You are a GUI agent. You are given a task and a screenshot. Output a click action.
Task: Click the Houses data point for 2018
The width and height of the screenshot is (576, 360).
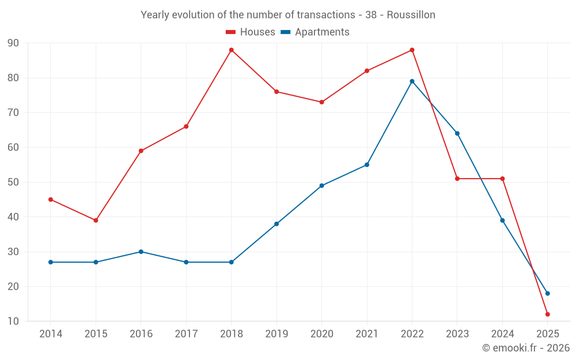232,50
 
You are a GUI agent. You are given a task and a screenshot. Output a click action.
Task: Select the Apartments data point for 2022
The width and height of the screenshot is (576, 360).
412,81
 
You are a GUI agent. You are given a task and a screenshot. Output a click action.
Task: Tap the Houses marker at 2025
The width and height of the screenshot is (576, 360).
548,314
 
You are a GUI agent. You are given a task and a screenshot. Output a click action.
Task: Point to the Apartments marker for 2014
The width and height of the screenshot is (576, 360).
51,262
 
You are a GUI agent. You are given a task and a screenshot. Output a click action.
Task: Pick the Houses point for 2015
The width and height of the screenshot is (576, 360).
96,220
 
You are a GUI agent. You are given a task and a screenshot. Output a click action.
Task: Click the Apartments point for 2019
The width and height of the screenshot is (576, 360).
276,223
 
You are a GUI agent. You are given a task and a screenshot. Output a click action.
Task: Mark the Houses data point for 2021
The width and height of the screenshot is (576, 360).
367,71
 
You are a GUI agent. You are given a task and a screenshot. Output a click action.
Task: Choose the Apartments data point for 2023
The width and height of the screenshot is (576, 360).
457,133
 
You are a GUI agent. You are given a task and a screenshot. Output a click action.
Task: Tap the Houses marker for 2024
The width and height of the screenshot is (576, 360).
502,179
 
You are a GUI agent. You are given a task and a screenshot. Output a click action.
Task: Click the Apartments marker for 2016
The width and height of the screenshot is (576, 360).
141,252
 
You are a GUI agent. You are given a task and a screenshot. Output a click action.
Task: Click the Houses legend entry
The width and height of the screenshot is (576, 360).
251,32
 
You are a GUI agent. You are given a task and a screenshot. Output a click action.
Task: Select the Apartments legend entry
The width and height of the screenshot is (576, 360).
315,32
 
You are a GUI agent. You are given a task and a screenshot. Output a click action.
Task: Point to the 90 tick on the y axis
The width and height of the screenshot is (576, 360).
13,43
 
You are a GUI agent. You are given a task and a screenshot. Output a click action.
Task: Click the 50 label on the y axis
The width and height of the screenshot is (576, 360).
13,183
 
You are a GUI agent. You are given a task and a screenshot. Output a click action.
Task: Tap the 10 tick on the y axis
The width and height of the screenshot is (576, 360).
13,321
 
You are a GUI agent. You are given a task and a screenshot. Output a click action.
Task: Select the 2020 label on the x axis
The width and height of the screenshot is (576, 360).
321,334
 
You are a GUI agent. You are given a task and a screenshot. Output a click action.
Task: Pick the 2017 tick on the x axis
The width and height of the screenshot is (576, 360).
186,334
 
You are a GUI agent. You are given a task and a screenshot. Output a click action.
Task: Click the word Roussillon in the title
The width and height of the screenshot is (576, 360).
411,14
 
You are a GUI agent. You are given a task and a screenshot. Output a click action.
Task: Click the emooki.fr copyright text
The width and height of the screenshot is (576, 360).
526,348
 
